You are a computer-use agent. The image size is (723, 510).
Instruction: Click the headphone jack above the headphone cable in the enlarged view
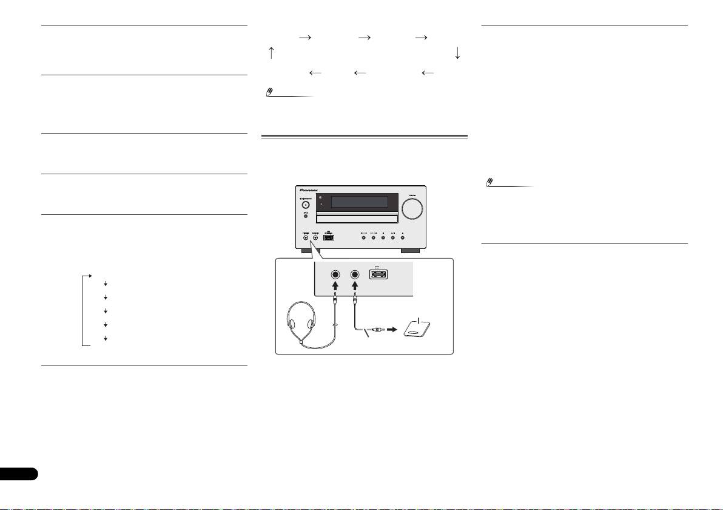point(335,274)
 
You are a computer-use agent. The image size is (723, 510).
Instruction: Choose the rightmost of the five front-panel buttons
point(403,237)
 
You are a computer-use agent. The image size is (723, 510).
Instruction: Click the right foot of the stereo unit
point(411,250)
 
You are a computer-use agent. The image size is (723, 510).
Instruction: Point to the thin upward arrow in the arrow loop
point(271,53)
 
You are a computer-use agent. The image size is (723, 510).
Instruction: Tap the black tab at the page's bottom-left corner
point(18,474)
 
